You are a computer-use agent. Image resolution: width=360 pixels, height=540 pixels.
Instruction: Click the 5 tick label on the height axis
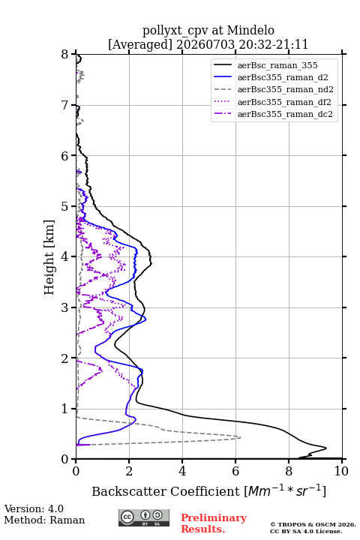click(x=65, y=206)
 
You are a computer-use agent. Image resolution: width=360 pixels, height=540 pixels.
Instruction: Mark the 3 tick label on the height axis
click(x=65, y=307)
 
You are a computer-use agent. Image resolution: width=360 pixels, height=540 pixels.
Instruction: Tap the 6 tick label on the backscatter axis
click(x=235, y=471)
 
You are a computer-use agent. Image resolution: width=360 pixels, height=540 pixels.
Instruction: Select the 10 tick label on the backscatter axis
click(x=341, y=471)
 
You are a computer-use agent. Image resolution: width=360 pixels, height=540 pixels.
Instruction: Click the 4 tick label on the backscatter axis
click(x=182, y=471)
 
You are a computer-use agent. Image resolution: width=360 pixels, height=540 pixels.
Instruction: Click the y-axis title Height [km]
click(x=49, y=257)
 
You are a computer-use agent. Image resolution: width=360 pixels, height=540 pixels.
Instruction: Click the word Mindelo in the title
click(x=250, y=30)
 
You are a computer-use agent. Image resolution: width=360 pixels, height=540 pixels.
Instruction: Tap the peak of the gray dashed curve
click(x=241, y=437)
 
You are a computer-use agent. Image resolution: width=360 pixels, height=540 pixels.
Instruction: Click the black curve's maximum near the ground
click(x=326, y=448)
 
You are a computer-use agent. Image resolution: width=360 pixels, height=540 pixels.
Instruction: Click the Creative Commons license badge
click(x=144, y=517)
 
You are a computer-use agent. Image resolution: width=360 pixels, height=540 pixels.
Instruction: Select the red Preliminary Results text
click(x=214, y=523)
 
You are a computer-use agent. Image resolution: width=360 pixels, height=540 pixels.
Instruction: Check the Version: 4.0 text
click(x=34, y=508)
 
